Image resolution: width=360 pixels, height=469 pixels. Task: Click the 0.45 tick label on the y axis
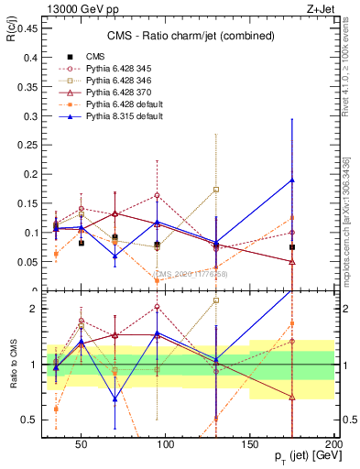tap(27, 28)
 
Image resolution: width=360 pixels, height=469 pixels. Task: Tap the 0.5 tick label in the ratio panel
tap(30, 420)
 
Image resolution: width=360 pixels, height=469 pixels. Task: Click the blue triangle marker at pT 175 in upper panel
tap(292, 180)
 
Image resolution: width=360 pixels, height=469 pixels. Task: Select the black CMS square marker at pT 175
tap(292, 247)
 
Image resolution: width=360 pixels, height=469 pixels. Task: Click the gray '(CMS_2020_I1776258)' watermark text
tap(190, 273)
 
